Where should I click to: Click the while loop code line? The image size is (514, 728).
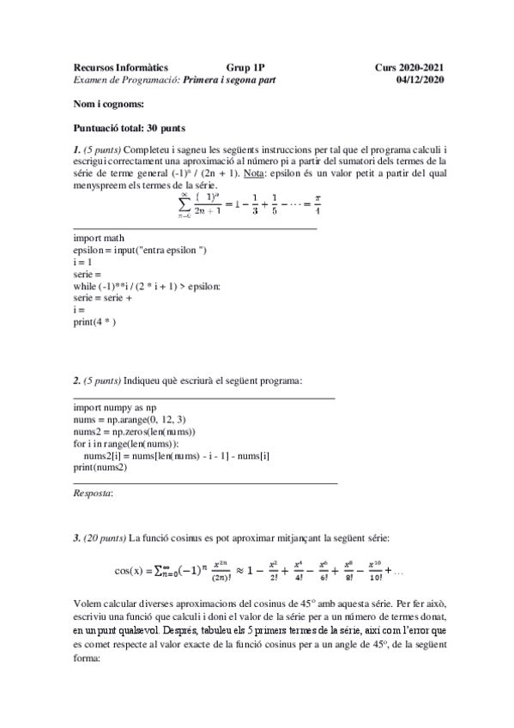(x=147, y=286)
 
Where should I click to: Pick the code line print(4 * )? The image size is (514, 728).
(x=94, y=322)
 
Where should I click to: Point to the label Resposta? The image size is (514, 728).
(x=94, y=494)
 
